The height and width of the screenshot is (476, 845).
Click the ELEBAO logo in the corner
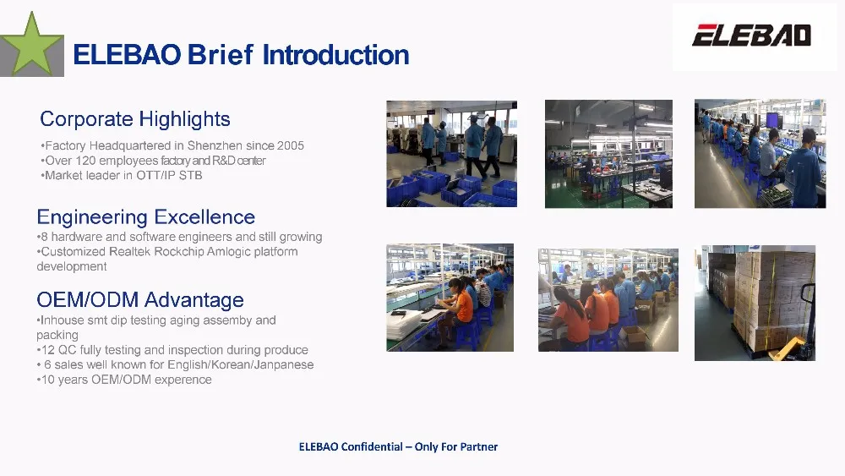[x=752, y=36]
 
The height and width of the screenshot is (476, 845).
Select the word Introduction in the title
[x=335, y=55]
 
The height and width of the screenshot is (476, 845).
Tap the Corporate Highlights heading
[x=135, y=118]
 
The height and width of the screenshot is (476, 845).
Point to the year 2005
[x=291, y=145]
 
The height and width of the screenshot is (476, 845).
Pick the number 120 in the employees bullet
[x=85, y=161]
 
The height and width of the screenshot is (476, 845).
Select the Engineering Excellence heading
[x=145, y=216]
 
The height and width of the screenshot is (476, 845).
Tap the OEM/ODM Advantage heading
[x=140, y=300]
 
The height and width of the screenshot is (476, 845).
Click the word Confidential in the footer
[x=372, y=447]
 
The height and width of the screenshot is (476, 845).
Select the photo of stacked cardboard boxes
[x=755, y=303]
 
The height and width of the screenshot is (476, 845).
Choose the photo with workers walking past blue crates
[x=451, y=154]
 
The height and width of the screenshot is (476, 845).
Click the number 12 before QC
[x=47, y=350]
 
